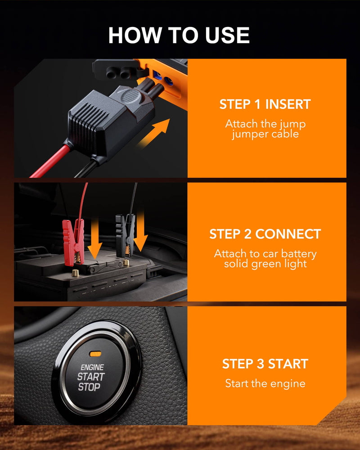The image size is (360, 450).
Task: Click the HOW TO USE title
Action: click(179, 35)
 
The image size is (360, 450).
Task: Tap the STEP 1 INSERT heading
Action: click(265, 104)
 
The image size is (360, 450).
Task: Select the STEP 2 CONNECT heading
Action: click(265, 234)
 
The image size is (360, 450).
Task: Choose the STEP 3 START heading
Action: click(265, 364)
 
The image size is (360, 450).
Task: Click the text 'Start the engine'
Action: click(265, 384)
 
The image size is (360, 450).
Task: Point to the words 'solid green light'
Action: click(265, 264)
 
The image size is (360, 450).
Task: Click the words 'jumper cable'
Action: click(265, 135)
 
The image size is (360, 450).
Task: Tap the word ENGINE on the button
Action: click(92, 368)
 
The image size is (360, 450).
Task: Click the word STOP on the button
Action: click(89, 387)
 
